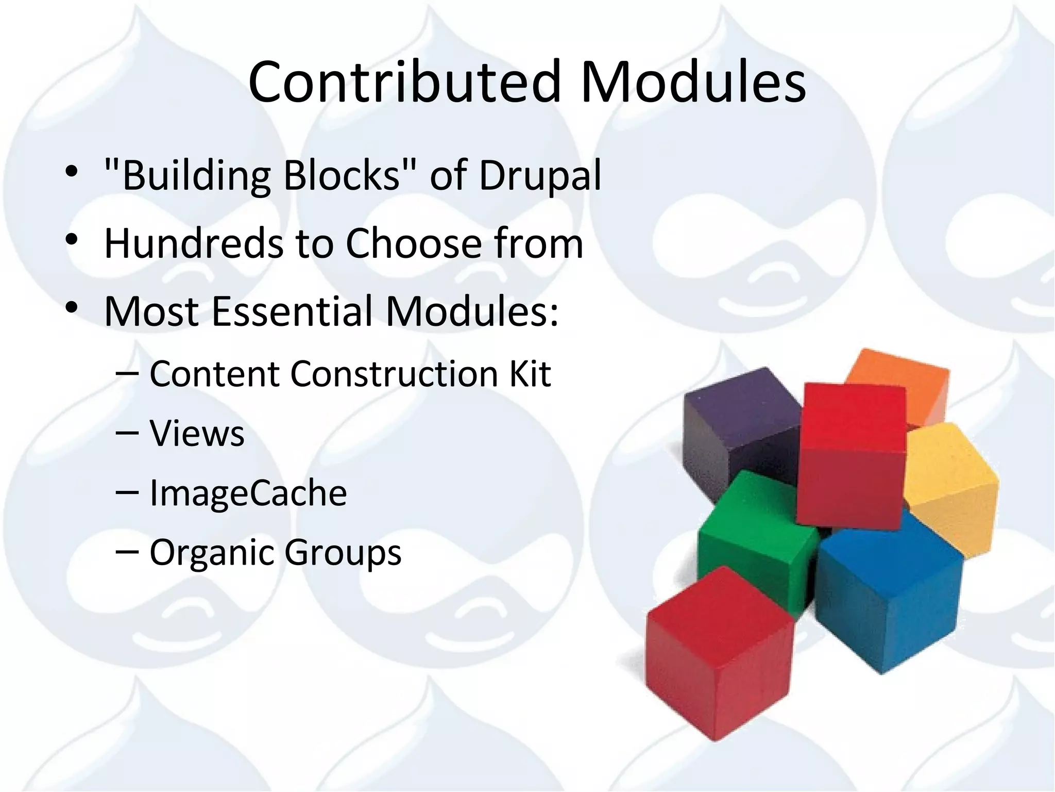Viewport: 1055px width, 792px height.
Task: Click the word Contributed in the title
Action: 404,82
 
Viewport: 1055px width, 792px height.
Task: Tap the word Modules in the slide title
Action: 693,82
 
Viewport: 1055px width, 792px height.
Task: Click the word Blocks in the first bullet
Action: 342,175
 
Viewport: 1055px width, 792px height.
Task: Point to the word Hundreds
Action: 194,243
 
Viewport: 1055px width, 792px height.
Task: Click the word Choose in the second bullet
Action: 413,243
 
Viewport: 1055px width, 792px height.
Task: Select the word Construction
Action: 394,374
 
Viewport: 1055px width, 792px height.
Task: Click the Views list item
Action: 197,434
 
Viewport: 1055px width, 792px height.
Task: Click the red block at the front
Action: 719,655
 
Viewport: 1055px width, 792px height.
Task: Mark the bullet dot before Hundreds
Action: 72,240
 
